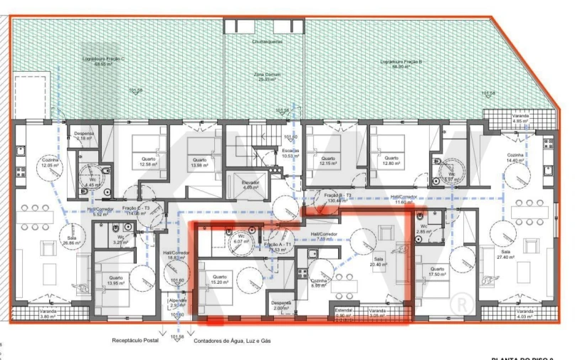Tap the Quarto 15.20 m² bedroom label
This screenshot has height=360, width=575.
coord(219,280)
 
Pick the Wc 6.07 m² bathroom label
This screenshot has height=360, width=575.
coord(239,239)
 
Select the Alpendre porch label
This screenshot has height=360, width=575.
coord(178,302)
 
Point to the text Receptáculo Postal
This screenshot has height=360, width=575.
coord(136,341)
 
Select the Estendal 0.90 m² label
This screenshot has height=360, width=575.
coord(344,313)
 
